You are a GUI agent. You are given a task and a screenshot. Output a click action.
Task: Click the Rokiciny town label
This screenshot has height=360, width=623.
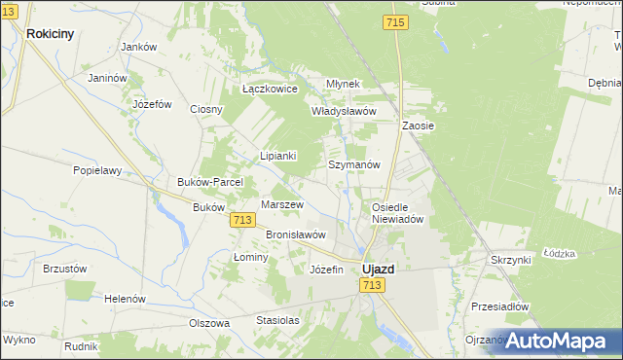pyautogui.click(x=51, y=33)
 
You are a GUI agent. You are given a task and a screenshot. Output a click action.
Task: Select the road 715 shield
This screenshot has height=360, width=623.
pyautogui.click(x=395, y=22)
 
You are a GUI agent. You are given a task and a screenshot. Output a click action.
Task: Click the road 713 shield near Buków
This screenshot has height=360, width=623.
pyautogui.click(x=244, y=222)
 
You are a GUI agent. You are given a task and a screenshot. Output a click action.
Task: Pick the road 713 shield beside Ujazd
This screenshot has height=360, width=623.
pyautogui.click(x=371, y=285)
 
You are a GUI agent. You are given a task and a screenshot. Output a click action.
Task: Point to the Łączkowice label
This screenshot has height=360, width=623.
pyautogui.click(x=270, y=90)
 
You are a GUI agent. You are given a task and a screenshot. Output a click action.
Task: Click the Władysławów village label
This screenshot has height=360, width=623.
pyautogui.click(x=343, y=111)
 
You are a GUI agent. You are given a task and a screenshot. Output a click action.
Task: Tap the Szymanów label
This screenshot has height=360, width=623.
pyautogui.click(x=353, y=165)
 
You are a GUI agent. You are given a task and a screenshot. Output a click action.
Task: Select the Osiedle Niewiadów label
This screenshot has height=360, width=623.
pyautogui.click(x=397, y=213)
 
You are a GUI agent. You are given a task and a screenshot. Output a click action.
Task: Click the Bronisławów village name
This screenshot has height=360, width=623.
pyautogui.click(x=295, y=234)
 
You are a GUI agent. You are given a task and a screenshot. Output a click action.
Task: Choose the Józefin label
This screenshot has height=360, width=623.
pyautogui.click(x=326, y=270)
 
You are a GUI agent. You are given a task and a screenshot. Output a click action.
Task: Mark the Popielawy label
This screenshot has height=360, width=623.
pyautogui.click(x=97, y=169)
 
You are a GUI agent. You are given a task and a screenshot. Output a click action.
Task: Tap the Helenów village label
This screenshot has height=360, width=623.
pyautogui.click(x=125, y=298)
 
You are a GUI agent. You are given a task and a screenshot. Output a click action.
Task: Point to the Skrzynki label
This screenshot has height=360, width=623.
pyautogui.click(x=510, y=260)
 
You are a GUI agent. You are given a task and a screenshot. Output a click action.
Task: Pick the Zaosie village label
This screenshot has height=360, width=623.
pyautogui.click(x=418, y=126)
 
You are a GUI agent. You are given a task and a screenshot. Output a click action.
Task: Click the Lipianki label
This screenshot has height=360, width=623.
pyautogui.click(x=277, y=156)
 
